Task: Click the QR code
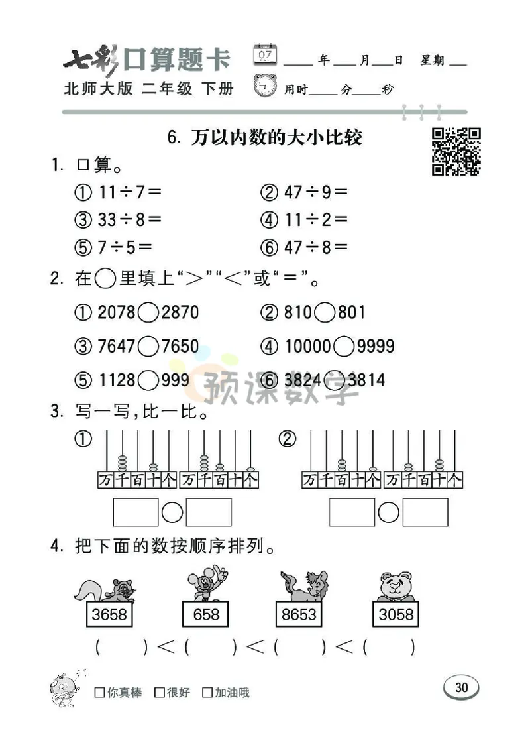456,152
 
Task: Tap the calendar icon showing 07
265,55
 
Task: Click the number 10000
308,346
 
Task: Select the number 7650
180,346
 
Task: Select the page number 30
461,687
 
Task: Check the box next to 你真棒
99,693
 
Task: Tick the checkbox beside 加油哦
207,693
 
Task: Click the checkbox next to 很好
159,693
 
